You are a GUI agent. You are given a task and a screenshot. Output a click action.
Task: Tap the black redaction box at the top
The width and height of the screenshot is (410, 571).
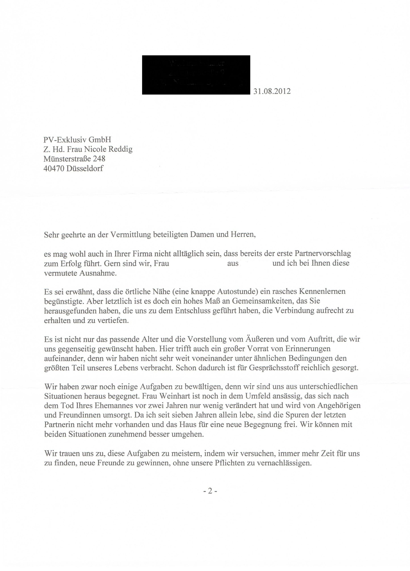coord(196,75)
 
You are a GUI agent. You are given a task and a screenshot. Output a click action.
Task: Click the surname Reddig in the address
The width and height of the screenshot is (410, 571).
coord(120,149)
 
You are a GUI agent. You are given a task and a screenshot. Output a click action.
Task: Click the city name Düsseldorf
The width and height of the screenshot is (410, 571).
coord(85,168)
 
